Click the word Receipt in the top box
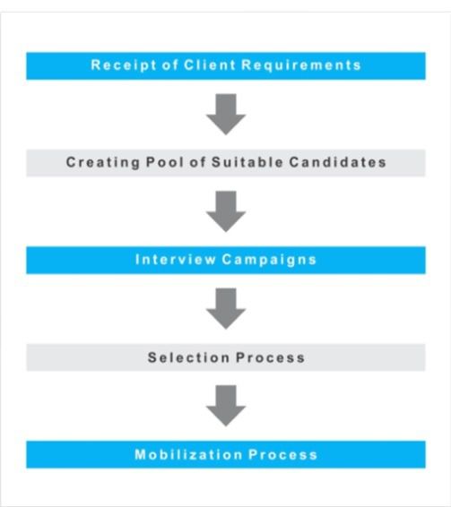[124, 65]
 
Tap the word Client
[210, 64]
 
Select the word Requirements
[301, 65]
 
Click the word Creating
[102, 162]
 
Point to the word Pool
[165, 161]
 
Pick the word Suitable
[247, 161]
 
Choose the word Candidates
[338, 161]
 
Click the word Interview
[176, 259]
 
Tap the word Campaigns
[269, 260]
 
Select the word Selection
[188, 357]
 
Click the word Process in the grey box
[271, 357]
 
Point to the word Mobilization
[188, 455]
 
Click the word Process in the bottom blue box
[282, 455]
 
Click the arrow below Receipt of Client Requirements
[226, 114]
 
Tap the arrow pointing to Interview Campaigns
[226, 211]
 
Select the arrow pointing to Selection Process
[226, 308]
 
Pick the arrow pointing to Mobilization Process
[226, 406]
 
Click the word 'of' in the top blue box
[170, 64]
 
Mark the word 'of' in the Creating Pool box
[198, 161]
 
